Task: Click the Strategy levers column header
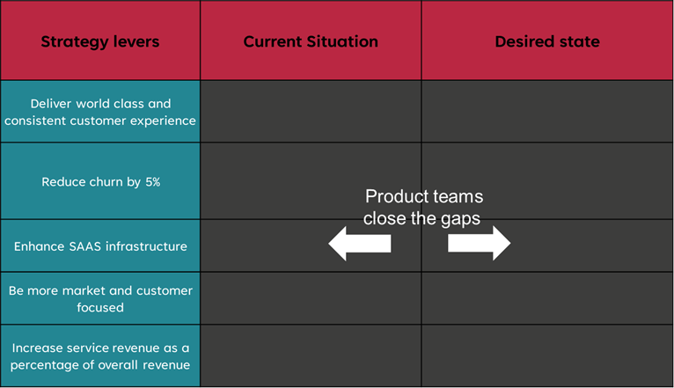[100, 41]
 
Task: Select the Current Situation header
[311, 41]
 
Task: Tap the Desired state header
[547, 41]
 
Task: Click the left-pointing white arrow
[360, 244]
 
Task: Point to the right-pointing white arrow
[480, 243]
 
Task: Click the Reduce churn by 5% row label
[100, 182]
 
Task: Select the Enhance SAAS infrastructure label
[100, 246]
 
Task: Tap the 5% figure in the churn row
[152, 182]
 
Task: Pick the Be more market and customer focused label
[100, 299]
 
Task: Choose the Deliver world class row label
[100, 112]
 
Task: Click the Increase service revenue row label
[100, 356]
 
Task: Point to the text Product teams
[424, 196]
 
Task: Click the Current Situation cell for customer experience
[311, 111]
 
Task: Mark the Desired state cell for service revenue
[547, 355]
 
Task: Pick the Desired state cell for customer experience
[547, 111]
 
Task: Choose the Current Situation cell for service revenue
[311, 355]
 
